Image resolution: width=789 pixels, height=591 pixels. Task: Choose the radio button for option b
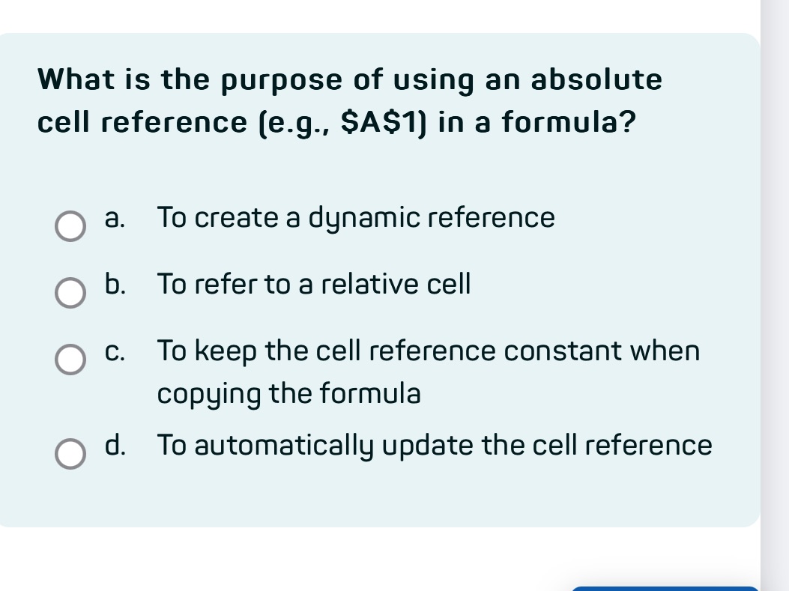pos(70,294)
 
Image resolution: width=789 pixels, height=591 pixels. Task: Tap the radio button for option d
pos(70,455)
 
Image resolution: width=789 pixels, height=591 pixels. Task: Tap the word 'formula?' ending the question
pos(565,121)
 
